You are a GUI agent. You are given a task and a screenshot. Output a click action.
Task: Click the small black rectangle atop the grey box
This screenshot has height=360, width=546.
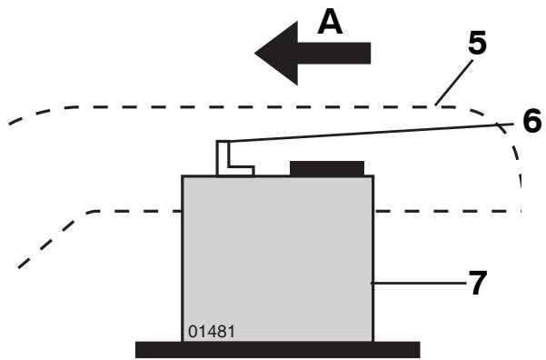327,168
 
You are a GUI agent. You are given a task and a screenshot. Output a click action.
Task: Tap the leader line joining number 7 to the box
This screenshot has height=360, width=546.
419,285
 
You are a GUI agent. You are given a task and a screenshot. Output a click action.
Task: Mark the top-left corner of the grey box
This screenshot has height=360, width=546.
184,176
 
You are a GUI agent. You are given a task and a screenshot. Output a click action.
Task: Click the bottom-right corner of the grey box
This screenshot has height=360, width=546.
372,341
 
